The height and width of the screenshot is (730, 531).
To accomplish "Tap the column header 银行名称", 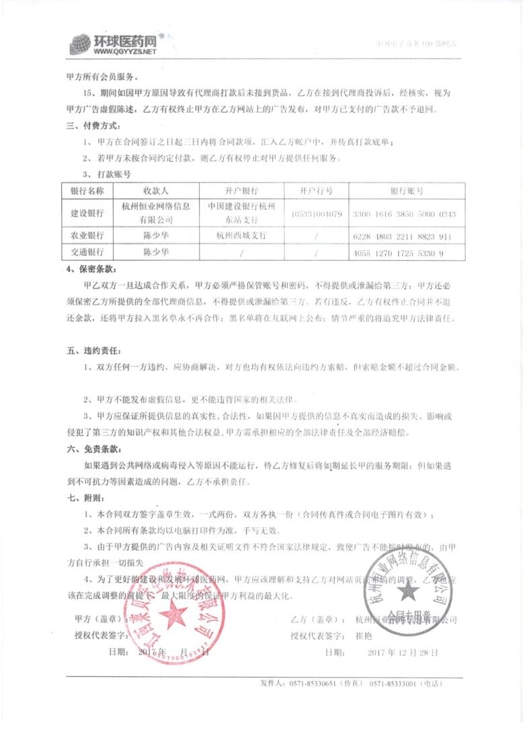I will pyautogui.click(x=87, y=191).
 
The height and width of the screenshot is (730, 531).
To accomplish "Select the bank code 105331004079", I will pyautogui.click(x=317, y=214).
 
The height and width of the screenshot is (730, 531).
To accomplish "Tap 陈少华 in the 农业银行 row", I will pyautogui.click(x=156, y=236).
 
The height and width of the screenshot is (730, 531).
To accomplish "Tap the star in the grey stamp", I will pyautogui.click(x=407, y=590).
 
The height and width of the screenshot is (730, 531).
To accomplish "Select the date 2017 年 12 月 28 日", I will pyautogui.click(x=403, y=652).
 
